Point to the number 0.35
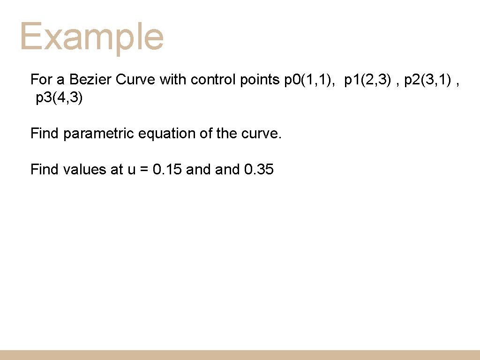pyautogui.click(x=259, y=169)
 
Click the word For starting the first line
pyautogui.click(x=41, y=80)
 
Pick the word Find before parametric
pyautogui.click(x=45, y=134)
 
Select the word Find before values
pyautogui.click(x=45, y=169)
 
